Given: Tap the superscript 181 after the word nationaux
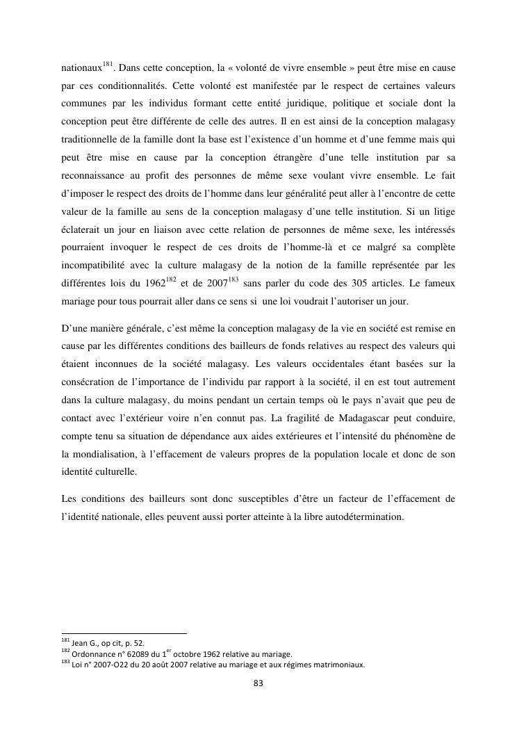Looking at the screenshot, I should (107, 65).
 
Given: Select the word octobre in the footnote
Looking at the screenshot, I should (198, 653).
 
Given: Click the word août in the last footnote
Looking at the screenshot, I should (161, 664).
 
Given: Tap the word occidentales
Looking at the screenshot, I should (340, 363).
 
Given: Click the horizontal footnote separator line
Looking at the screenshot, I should (124, 633).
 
